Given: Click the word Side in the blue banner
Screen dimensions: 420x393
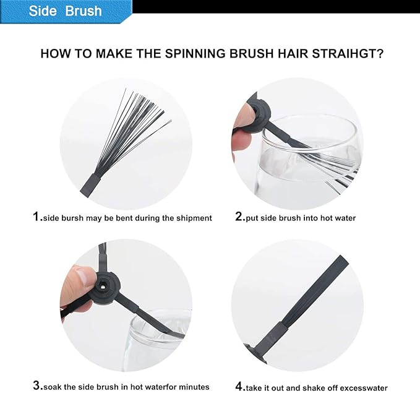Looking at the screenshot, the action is (x=43, y=11).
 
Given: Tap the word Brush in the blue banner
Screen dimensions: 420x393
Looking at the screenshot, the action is (x=84, y=11).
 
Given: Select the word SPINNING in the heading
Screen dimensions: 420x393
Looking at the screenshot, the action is (x=195, y=54).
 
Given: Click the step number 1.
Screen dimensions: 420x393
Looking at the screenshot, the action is (x=37, y=217).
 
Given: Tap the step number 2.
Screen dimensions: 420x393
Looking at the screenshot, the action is (x=240, y=217).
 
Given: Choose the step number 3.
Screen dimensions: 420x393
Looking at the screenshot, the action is (x=38, y=386).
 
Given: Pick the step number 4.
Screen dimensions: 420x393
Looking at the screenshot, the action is (x=240, y=386).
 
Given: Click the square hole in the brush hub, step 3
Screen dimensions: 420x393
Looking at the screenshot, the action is (x=103, y=287).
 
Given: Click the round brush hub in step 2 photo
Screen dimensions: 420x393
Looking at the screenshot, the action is (x=257, y=116).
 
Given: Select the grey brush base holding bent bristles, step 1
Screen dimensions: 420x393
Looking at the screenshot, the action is (x=91, y=185).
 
